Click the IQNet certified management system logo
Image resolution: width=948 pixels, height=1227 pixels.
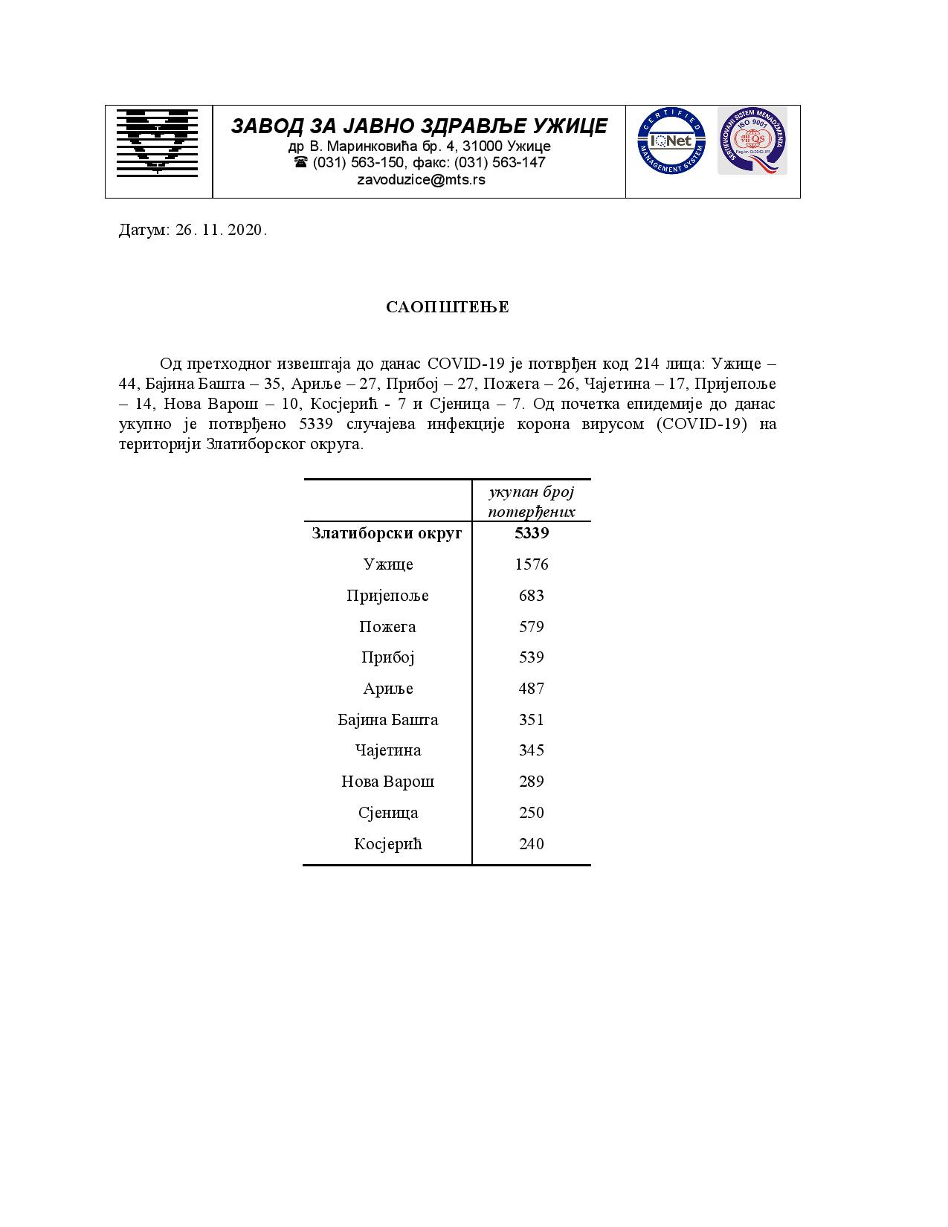(x=671, y=141)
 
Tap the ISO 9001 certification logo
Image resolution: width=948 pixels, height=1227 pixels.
(x=752, y=141)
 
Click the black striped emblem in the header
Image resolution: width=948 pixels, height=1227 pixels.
(x=158, y=142)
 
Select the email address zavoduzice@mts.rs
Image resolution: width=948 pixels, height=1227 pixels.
(x=421, y=179)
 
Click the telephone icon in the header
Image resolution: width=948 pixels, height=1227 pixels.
(x=300, y=162)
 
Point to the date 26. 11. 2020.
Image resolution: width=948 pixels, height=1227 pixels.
(x=221, y=230)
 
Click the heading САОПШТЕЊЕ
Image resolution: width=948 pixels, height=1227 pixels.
(x=448, y=307)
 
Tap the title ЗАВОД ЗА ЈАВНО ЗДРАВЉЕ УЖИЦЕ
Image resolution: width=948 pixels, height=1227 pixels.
(x=419, y=126)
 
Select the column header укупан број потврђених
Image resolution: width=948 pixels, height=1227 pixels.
(x=532, y=501)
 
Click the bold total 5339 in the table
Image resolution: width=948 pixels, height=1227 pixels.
(x=532, y=533)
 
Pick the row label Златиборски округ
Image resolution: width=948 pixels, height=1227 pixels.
(x=387, y=533)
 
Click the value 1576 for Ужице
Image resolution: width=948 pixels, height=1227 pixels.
(x=532, y=564)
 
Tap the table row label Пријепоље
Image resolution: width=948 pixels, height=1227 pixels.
(x=387, y=596)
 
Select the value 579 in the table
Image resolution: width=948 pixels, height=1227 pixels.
(x=532, y=627)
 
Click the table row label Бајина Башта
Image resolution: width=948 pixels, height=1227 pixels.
(x=387, y=720)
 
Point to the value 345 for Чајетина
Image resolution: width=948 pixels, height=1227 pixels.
(x=532, y=750)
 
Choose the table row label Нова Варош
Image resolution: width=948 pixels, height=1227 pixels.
(x=387, y=782)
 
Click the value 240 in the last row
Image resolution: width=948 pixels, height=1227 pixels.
(x=532, y=844)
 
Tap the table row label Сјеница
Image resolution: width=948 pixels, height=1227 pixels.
(x=387, y=813)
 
